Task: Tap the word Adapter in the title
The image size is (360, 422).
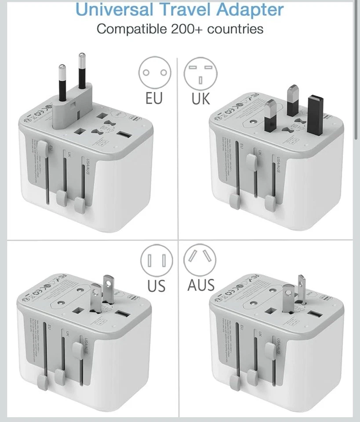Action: tap(250, 10)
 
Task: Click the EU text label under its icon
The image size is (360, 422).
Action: tap(154, 98)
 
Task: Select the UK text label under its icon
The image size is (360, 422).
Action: tap(201, 98)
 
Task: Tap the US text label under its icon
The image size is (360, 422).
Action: tap(156, 286)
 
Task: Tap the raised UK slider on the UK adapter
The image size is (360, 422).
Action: tap(252, 161)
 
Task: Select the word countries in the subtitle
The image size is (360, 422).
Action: tap(235, 29)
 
